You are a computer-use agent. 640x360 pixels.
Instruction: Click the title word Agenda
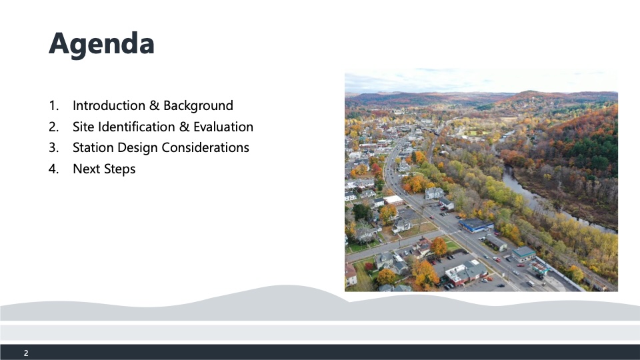click(x=101, y=43)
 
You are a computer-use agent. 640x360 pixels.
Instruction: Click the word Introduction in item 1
click(x=109, y=105)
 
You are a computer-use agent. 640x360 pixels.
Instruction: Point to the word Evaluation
click(x=223, y=127)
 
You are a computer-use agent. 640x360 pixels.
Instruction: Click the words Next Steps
click(x=104, y=169)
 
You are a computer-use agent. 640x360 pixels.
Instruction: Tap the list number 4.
click(x=53, y=169)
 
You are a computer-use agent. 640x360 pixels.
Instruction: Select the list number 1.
click(x=53, y=106)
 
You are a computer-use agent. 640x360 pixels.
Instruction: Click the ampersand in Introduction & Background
click(x=154, y=105)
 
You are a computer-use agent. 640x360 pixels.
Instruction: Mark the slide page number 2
click(x=26, y=353)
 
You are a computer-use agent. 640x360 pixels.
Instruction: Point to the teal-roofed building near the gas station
click(x=523, y=253)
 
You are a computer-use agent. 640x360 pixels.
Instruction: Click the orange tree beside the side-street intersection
click(x=439, y=246)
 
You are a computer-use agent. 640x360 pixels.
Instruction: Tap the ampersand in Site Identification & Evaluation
click(x=185, y=127)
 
